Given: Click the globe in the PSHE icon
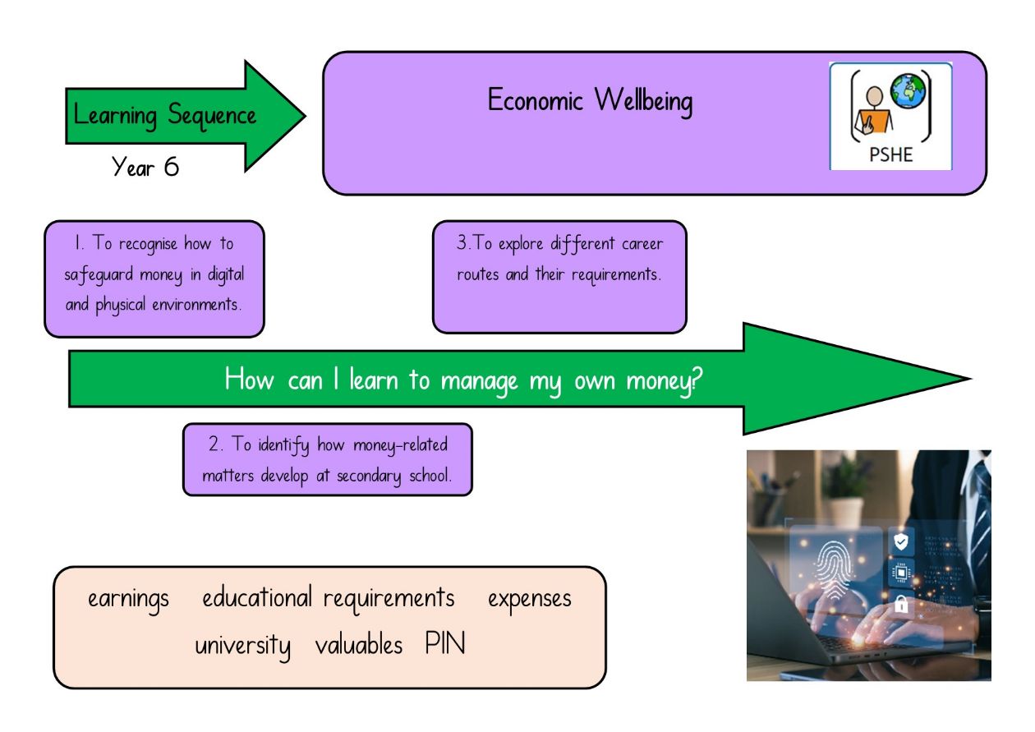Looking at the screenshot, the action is [x=908, y=91].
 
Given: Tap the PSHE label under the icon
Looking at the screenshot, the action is [x=890, y=154].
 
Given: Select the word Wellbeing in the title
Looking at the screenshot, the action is [x=643, y=101].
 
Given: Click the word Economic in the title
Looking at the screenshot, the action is [x=535, y=99].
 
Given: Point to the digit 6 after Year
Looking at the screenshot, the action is [x=171, y=167].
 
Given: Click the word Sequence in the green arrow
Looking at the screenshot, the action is [x=212, y=116].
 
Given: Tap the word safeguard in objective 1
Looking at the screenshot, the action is [x=99, y=275].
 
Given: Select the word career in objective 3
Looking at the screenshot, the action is [x=642, y=243].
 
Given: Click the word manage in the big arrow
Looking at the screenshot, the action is [x=479, y=382].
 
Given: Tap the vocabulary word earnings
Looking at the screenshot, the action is [x=128, y=600].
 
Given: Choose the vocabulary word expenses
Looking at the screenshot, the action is [x=530, y=600].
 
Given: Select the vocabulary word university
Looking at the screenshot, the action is [x=242, y=646].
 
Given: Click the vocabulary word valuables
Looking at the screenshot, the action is [x=358, y=644].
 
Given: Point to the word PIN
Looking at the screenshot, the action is [x=445, y=642].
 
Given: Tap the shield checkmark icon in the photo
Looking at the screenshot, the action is [x=901, y=541].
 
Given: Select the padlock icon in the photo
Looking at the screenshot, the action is [x=901, y=604].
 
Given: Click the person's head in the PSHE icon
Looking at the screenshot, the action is [x=874, y=96].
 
